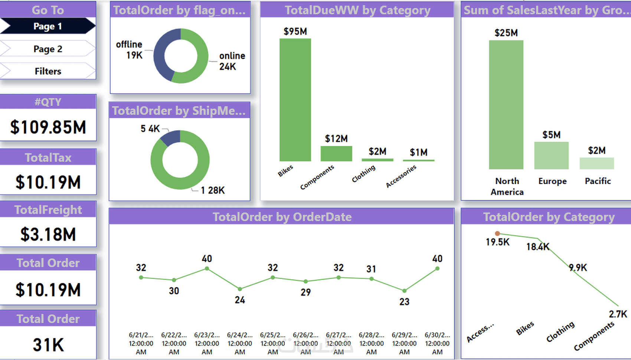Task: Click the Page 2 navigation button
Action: [x=48, y=49]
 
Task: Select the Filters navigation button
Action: [x=48, y=71]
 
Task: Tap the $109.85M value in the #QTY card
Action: [x=48, y=127]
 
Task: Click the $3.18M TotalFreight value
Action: [x=48, y=235]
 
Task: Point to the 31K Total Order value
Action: [x=48, y=345]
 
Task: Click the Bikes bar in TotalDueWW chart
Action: [x=295, y=100]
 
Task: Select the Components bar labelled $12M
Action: [x=336, y=153]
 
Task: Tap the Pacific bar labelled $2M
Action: [x=596, y=163]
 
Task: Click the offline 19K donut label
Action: [x=130, y=50]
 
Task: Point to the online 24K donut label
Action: [x=232, y=61]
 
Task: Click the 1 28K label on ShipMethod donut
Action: [x=213, y=190]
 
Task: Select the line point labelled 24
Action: [x=240, y=289]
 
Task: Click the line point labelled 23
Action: [x=404, y=291]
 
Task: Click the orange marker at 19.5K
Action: [x=497, y=233]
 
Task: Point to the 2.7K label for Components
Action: [x=618, y=314]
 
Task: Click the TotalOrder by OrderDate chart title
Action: [x=282, y=217]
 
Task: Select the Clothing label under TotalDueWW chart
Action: [x=364, y=173]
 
